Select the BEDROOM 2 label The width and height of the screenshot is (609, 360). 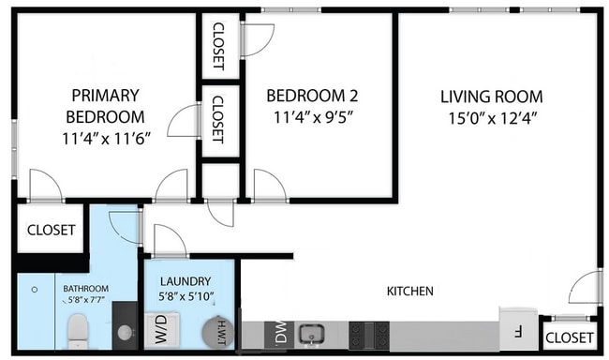pyautogui.click(x=312, y=96)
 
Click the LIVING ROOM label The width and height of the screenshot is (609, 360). pyautogui.click(x=493, y=97)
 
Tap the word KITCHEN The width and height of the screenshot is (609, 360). pyautogui.click(x=410, y=292)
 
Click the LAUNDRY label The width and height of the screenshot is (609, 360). pyautogui.click(x=184, y=280)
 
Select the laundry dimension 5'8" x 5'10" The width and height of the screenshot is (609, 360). pyautogui.click(x=187, y=297)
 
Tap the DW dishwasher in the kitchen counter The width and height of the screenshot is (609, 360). pyautogui.click(x=278, y=333)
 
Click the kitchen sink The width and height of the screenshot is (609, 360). pyautogui.click(x=311, y=333)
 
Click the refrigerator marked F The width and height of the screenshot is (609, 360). pyautogui.click(x=517, y=328)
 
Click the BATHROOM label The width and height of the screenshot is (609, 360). pyautogui.click(x=86, y=289)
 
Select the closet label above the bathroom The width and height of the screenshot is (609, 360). pyautogui.click(x=51, y=230)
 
